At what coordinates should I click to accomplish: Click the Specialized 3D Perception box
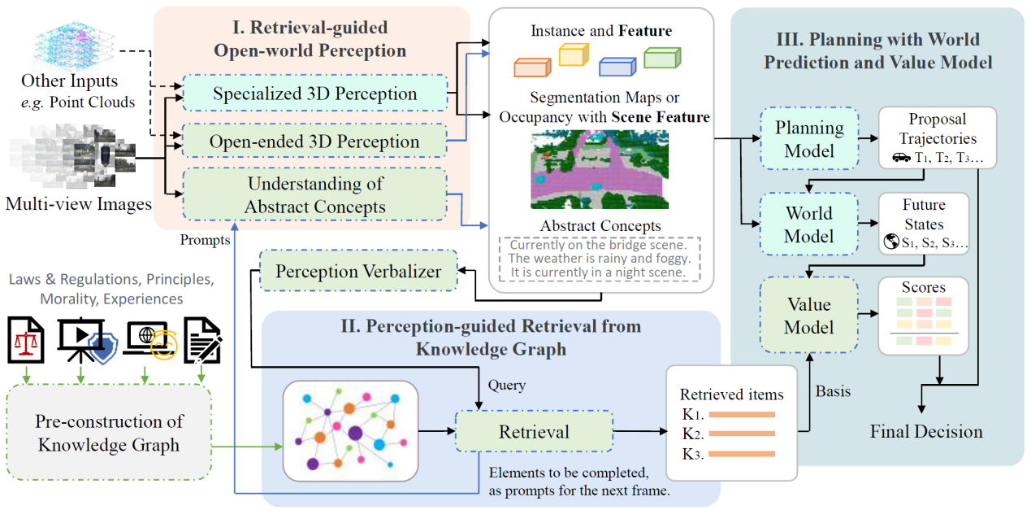314,94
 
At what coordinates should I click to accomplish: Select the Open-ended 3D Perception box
314,142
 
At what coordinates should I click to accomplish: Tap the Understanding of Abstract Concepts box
314,195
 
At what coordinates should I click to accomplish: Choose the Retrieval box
534,430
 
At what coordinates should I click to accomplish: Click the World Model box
809,224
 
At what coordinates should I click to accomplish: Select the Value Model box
809,316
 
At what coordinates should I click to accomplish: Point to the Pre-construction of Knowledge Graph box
108,433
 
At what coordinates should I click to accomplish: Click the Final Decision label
926,431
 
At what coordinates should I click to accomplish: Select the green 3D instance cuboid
661,59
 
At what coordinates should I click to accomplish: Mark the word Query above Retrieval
506,386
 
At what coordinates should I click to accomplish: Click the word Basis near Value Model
834,391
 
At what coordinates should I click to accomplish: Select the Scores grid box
924,316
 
